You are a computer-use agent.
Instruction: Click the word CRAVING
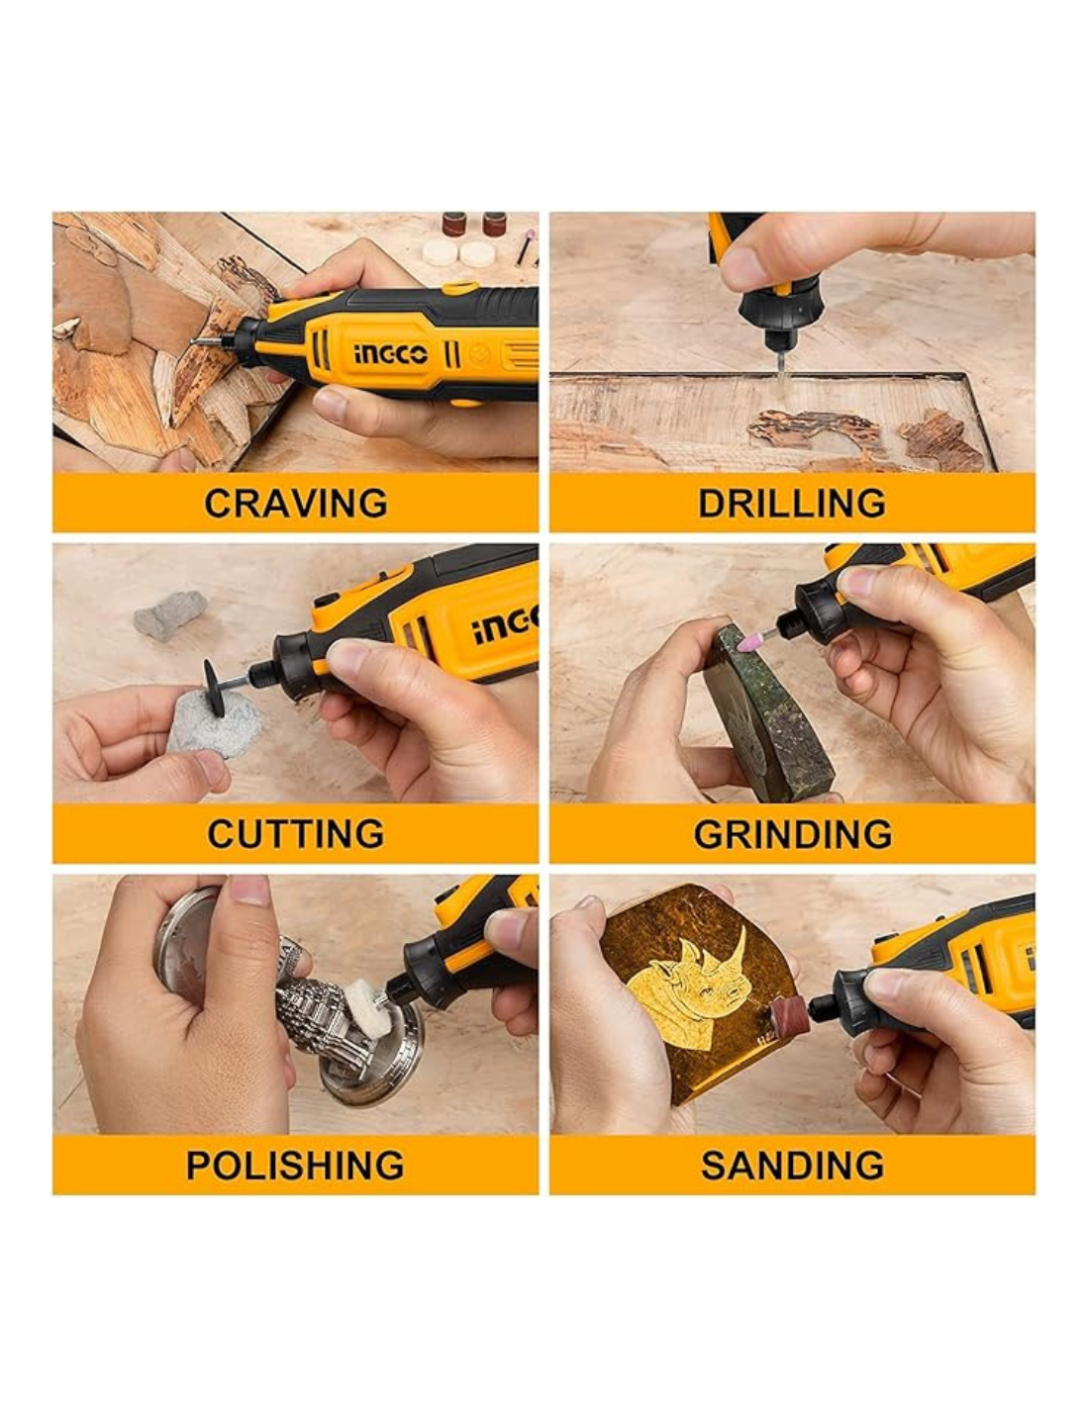click(295, 503)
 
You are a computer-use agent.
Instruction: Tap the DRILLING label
click(792, 503)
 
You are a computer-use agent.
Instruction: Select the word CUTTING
click(295, 833)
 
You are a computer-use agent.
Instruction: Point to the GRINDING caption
click(792, 833)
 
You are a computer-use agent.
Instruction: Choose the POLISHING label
click(295, 1165)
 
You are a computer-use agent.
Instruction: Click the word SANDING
click(792, 1165)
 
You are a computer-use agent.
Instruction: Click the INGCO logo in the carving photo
click(391, 353)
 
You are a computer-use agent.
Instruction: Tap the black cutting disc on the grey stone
click(215, 688)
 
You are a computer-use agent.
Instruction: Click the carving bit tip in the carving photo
click(194, 341)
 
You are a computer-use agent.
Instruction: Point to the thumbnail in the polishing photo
click(248, 889)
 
